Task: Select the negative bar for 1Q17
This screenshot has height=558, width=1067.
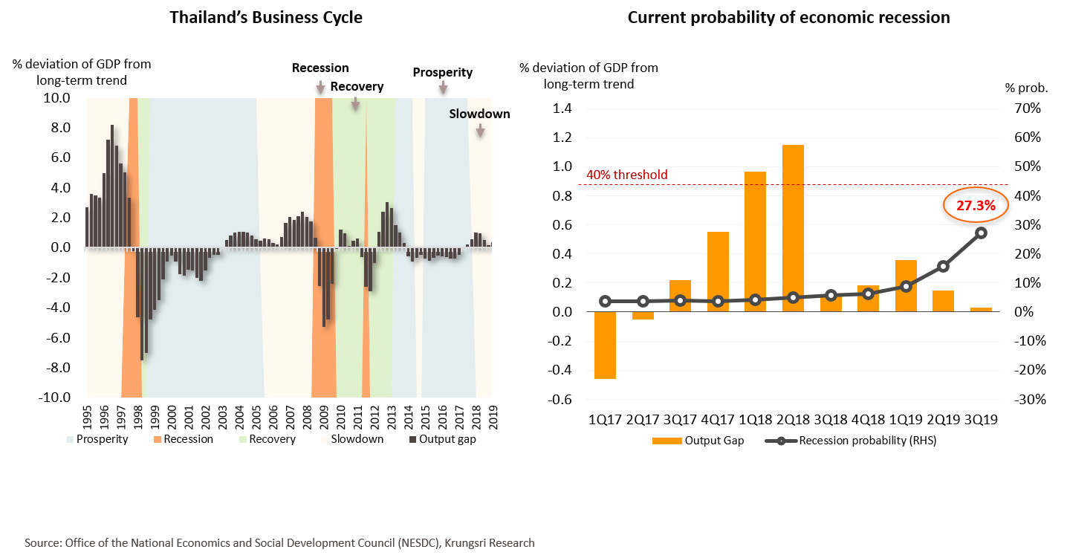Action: [605, 345]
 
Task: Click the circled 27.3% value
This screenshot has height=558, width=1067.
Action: [976, 206]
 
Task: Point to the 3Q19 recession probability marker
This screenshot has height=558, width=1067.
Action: [981, 233]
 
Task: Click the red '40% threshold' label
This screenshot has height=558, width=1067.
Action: [627, 175]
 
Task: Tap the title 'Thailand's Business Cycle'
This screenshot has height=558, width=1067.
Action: [266, 17]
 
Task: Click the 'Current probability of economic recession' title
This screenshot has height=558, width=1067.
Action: [788, 17]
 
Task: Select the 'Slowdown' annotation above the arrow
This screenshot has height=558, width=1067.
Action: [479, 114]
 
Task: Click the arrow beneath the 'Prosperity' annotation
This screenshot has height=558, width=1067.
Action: [443, 88]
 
